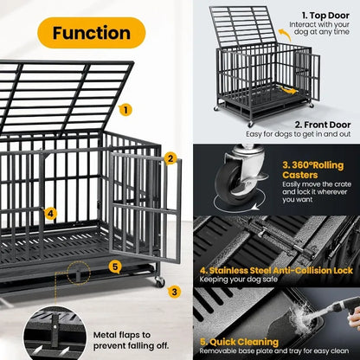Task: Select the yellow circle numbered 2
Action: (x=170, y=158)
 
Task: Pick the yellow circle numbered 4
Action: (x=51, y=213)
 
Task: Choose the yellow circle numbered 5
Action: (x=115, y=266)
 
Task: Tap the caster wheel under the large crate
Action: (x=159, y=281)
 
